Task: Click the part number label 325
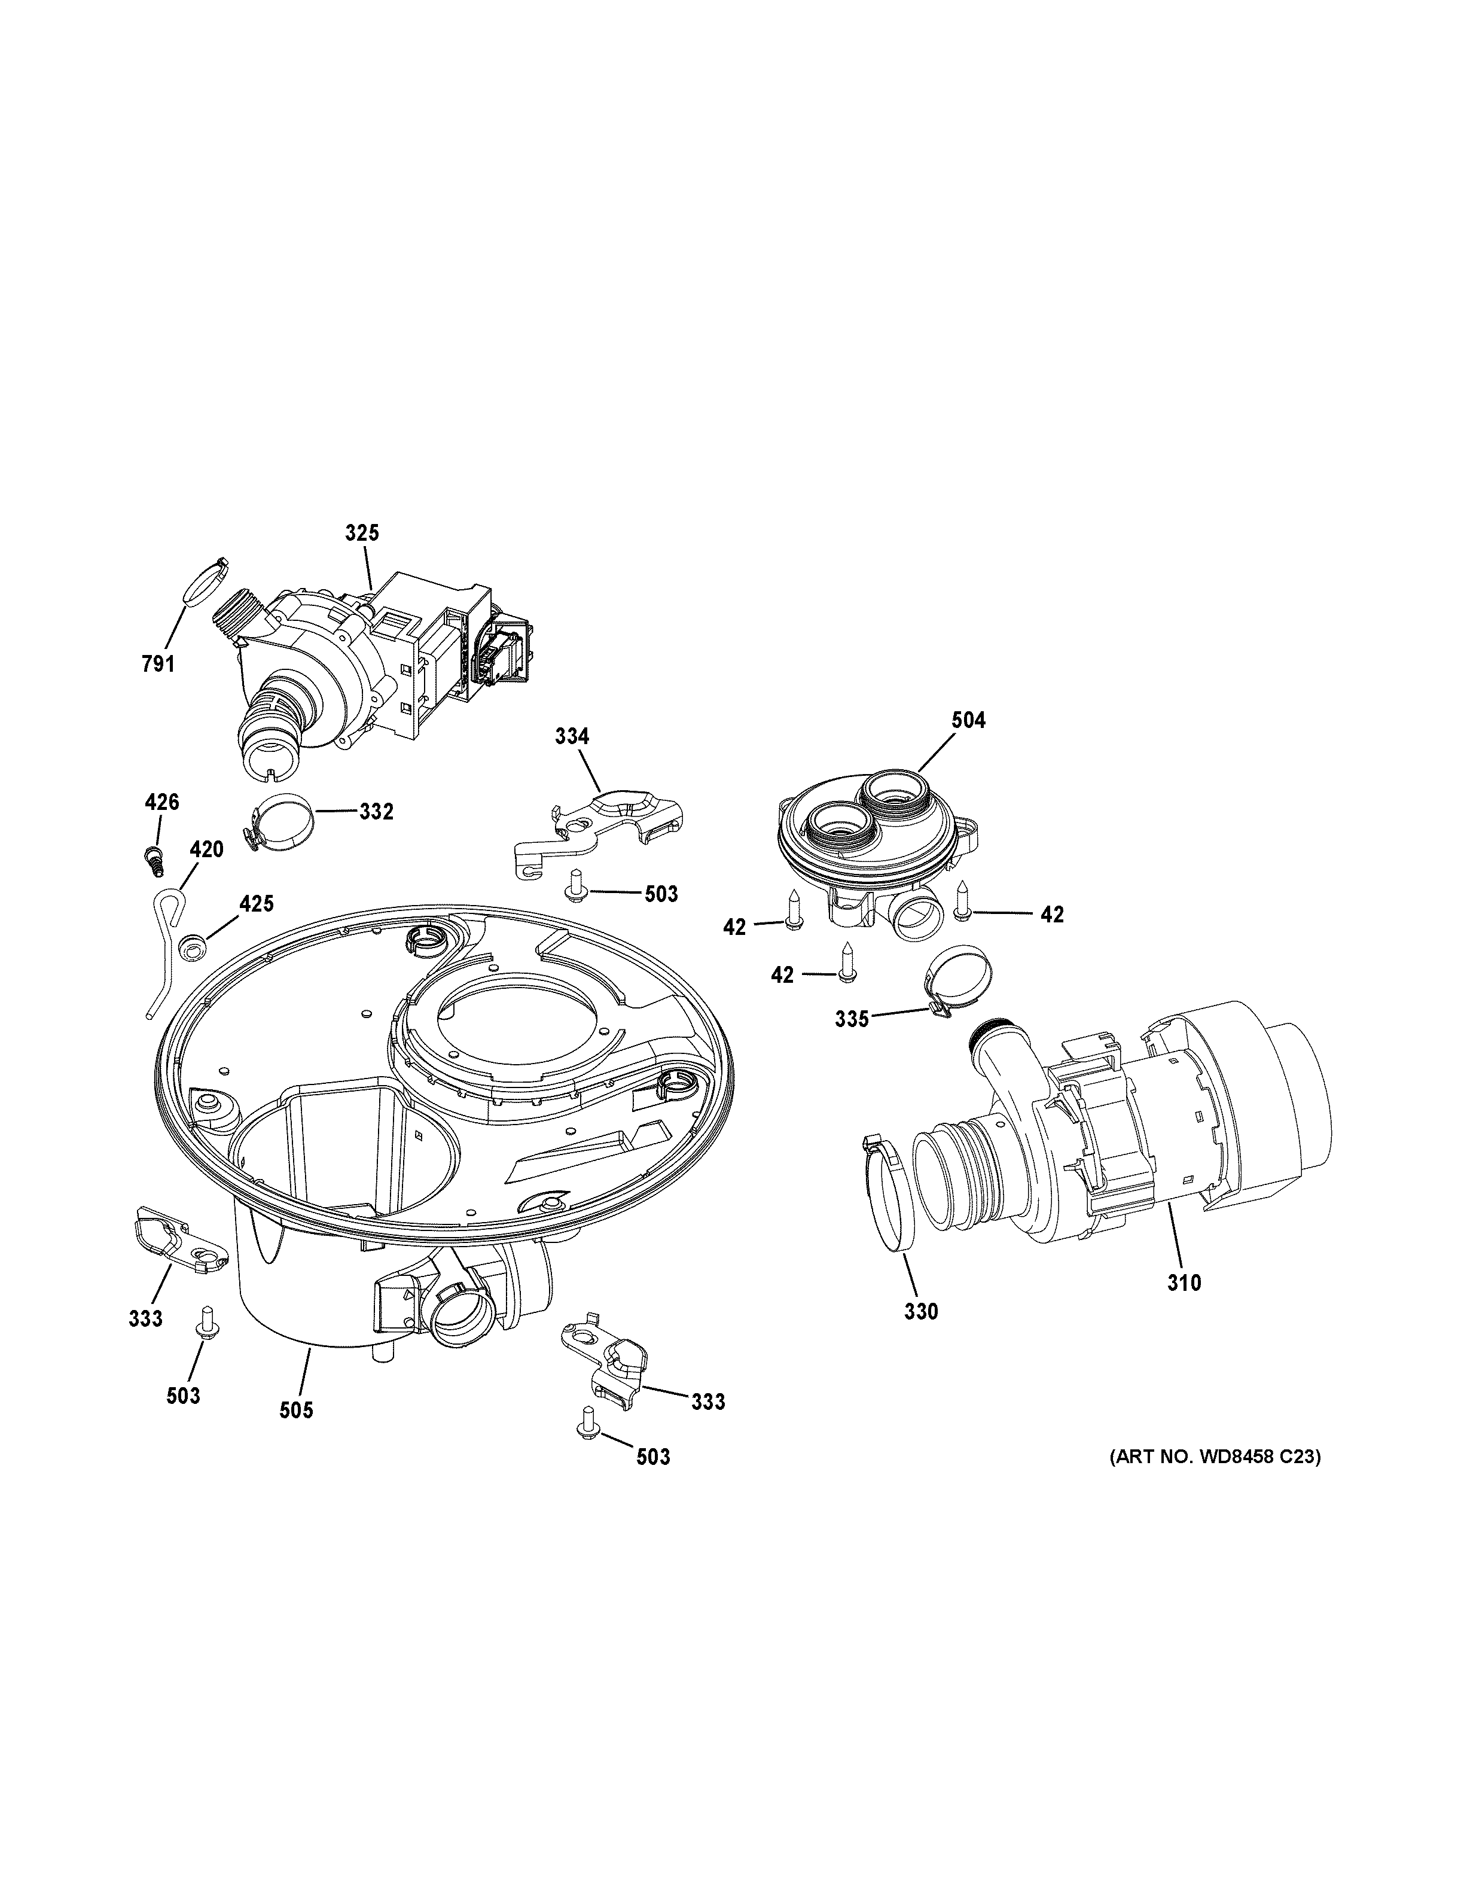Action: (x=362, y=533)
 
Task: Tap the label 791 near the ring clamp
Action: (x=158, y=664)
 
